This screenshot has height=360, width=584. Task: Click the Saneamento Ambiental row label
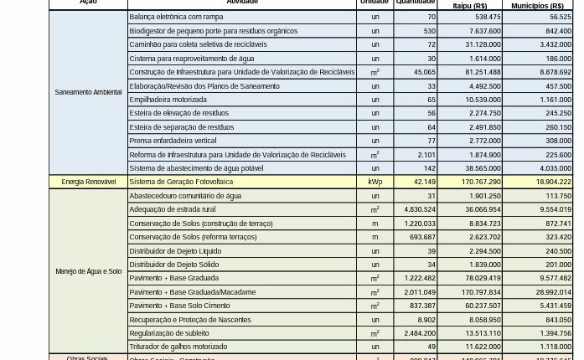click(88, 92)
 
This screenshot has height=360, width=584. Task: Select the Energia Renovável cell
click(88, 182)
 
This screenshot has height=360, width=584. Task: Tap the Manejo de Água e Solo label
click(88, 271)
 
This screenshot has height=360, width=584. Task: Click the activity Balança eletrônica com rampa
click(176, 17)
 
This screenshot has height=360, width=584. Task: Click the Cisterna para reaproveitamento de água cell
click(192, 59)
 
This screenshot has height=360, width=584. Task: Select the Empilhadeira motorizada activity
click(168, 100)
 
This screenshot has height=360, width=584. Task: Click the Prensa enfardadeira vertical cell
click(173, 141)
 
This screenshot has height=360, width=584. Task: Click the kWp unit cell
click(375, 182)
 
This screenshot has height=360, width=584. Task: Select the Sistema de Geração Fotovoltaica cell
click(181, 182)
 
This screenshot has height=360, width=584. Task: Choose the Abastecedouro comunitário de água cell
click(185, 196)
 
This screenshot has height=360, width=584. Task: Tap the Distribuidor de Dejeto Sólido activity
click(174, 265)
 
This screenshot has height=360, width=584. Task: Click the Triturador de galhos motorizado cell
click(178, 347)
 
